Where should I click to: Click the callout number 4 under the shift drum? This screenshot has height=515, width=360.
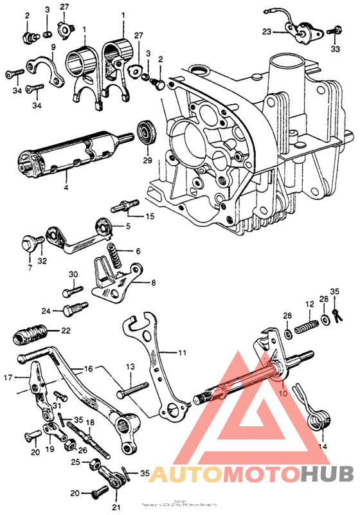(66, 188)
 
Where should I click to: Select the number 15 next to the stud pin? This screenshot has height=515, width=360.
(150, 216)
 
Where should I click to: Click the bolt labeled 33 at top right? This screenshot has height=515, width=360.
(335, 30)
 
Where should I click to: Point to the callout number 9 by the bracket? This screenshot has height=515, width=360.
(53, 47)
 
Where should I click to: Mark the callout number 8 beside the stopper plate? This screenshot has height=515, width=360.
(152, 282)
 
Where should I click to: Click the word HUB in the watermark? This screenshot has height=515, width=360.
(325, 474)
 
